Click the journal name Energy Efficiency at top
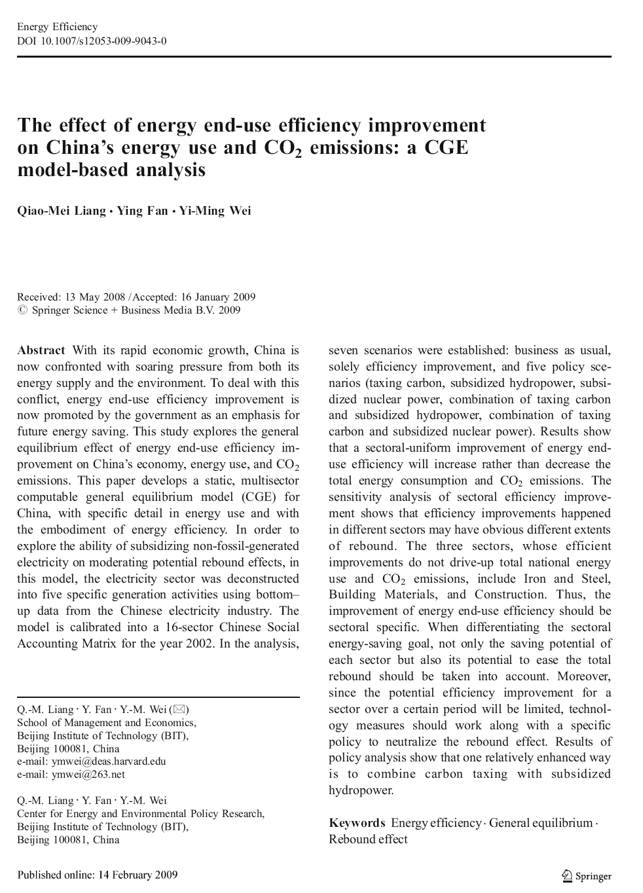pyautogui.click(x=57, y=27)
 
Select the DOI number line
pyautogui.click(x=92, y=41)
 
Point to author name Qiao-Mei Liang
pyautogui.click(x=62, y=211)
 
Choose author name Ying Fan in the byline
pyautogui.click(x=142, y=211)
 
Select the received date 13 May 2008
pyautogui.click(x=94, y=297)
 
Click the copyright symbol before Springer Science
pyautogui.click(x=23, y=310)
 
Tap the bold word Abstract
pyautogui.click(x=41, y=350)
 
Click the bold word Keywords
pyautogui.click(x=357, y=824)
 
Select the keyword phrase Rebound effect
pyautogui.click(x=368, y=839)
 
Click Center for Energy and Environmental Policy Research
pyautogui.click(x=141, y=814)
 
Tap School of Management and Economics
pyautogui.click(x=106, y=723)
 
